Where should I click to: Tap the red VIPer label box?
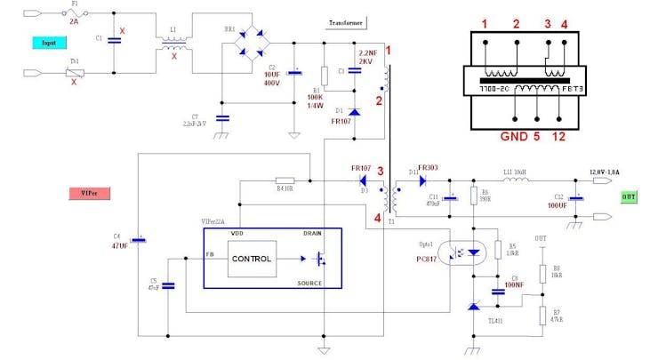click(x=88, y=193)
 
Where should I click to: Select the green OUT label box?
click(x=629, y=196)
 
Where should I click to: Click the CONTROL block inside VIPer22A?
click(x=252, y=259)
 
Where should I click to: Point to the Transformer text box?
click(x=347, y=22)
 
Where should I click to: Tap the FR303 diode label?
click(x=429, y=167)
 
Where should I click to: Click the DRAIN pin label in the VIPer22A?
click(x=312, y=234)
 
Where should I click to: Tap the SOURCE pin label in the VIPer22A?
click(x=309, y=282)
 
